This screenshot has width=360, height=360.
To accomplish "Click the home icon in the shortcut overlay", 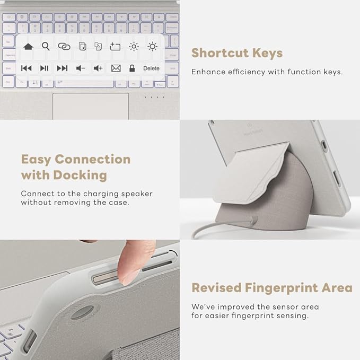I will click(28, 47).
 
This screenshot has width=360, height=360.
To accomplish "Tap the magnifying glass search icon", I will click(46, 46).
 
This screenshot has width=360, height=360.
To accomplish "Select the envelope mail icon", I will click(116, 68).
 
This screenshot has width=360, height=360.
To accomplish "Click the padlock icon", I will click(132, 68).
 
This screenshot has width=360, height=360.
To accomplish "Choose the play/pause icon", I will click(45, 68).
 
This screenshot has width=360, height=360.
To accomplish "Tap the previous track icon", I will click(27, 68).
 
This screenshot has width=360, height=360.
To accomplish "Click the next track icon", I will click(62, 68).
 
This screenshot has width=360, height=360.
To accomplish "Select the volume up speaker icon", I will click(98, 68).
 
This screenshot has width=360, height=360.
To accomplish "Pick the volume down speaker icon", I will click(81, 68).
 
